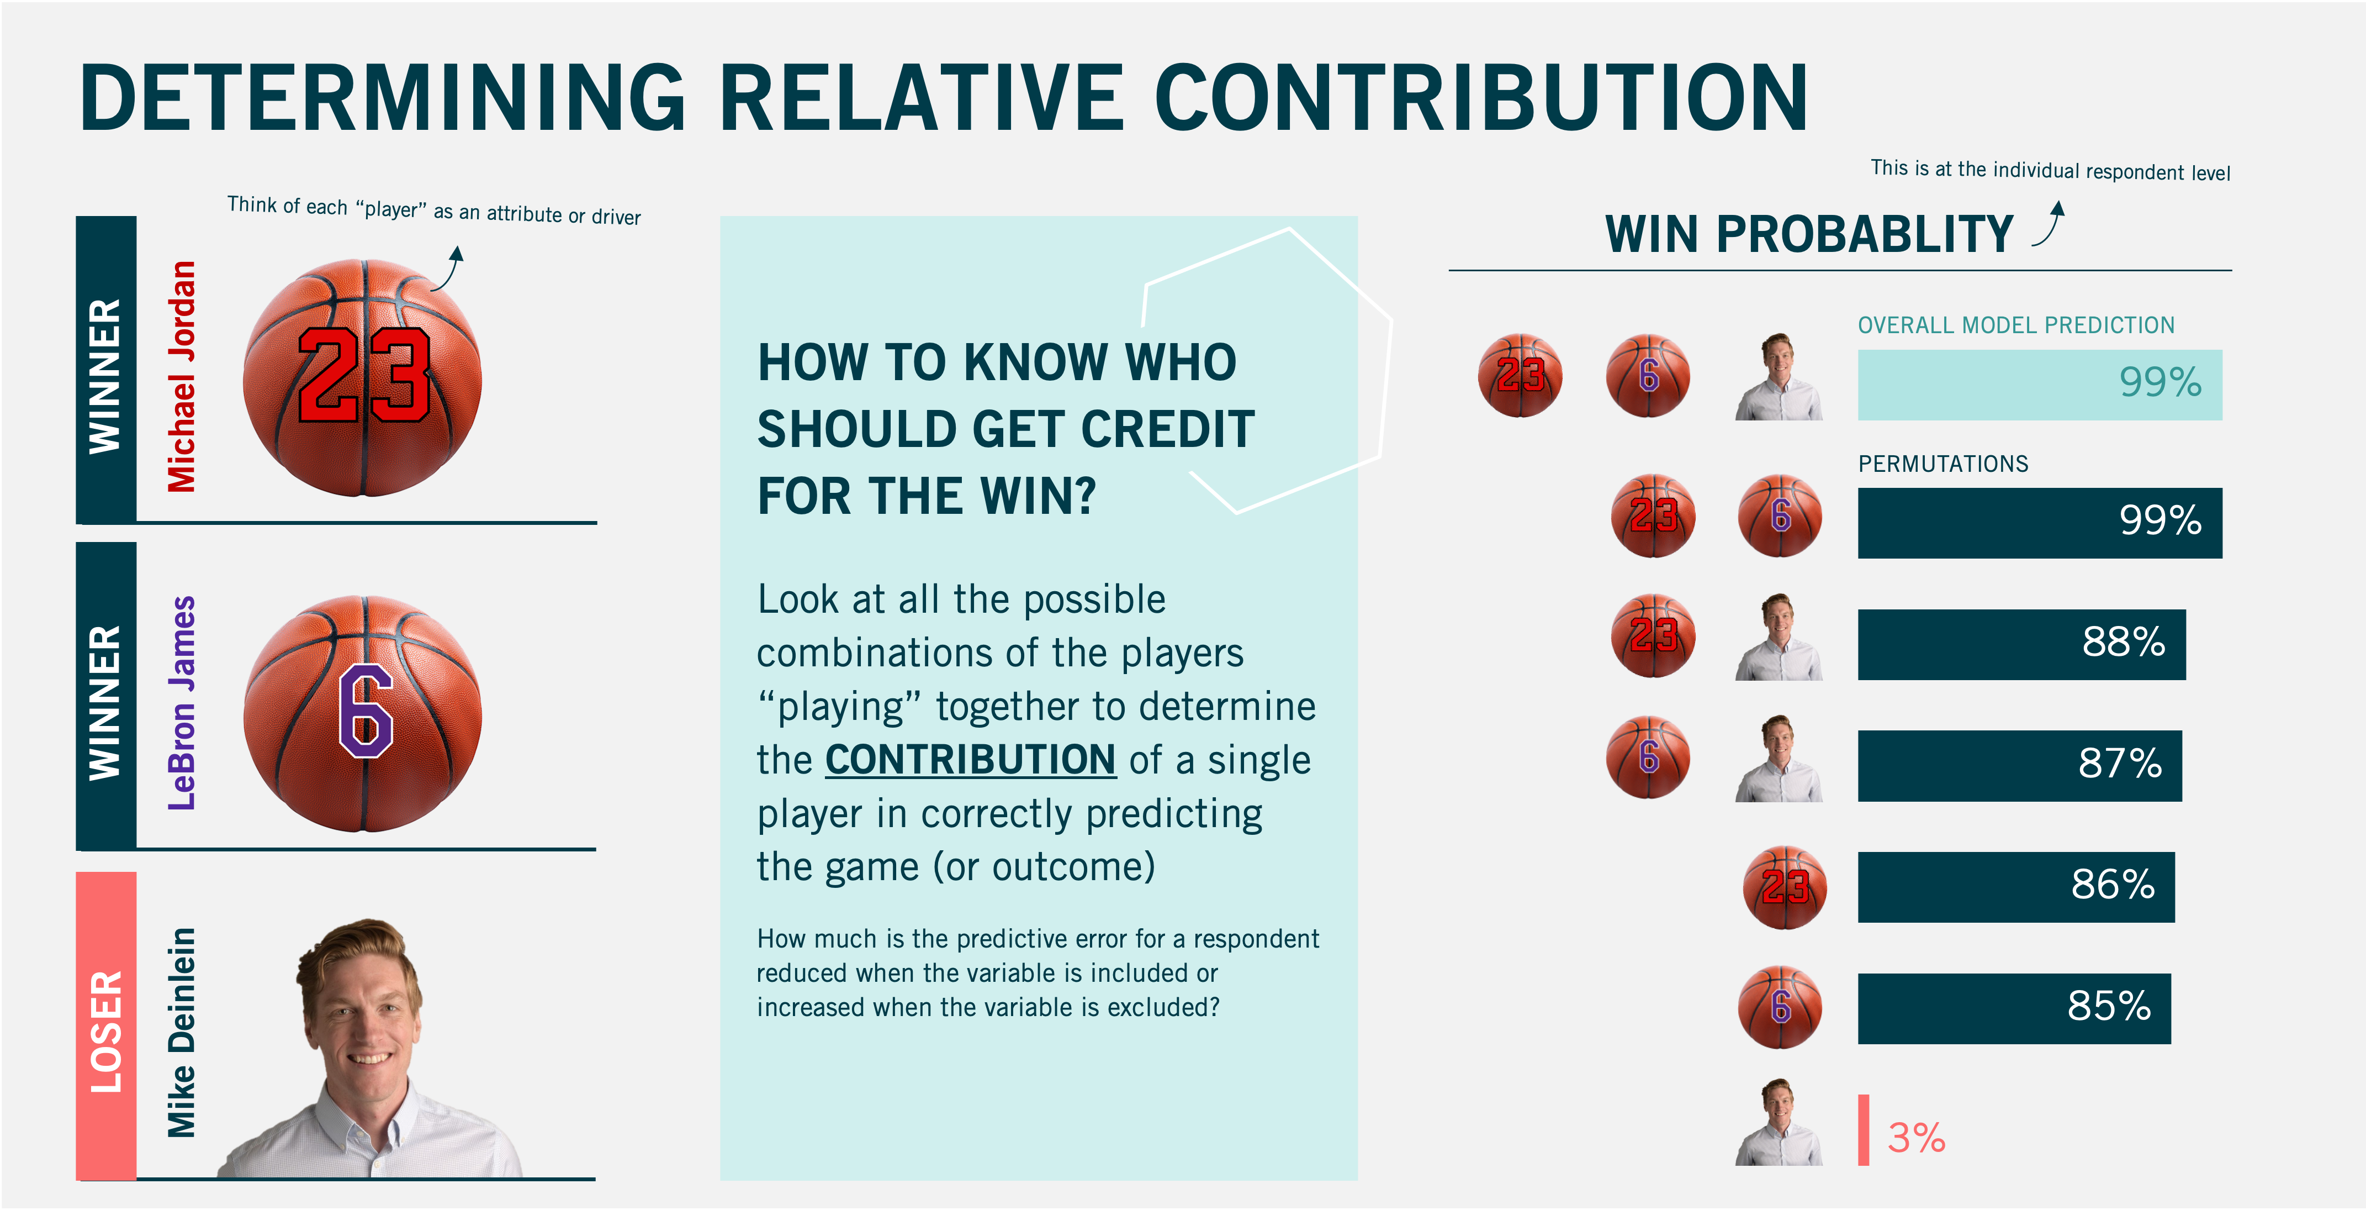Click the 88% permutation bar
(2021, 644)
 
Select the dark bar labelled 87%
(2019, 765)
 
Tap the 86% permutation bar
(2016, 887)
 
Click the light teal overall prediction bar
(2040, 384)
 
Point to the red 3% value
(1916, 1138)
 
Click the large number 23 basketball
(363, 377)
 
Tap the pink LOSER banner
(105, 1025)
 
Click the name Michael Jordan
(182, 377)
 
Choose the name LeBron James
(182, 703)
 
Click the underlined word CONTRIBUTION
(971, 760)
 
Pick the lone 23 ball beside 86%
(1785, 887)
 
